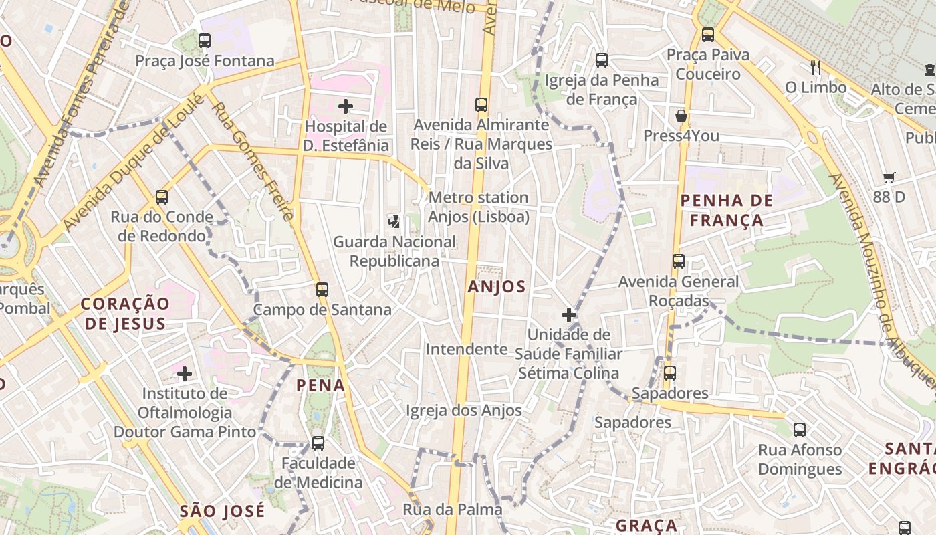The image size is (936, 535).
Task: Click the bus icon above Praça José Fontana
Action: pyautogui.click(x=205, y=41)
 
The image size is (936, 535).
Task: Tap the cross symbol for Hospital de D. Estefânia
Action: pyautogui.click(x=346, y=106)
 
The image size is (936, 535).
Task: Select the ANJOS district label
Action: pyautogui.click(x=497, y=287)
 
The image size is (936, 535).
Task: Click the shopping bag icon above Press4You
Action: pyautogui.click(x=681, y=116)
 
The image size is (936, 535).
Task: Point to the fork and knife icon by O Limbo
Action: pyautogui.click(x=815, y=67)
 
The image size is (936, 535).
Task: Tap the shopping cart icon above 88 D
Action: pyautogui.click(x=889, y=177)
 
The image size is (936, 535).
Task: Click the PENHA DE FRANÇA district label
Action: pyautogui.click(x=726, y=210)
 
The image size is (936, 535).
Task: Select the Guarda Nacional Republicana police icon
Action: pyautogui.click(x=394, y=222)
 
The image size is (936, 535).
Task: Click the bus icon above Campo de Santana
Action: pyautogui.click(x=322, y=290)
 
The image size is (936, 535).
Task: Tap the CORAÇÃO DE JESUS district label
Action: pyautogui.click(x=125, y=314)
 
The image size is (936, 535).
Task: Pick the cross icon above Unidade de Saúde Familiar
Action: pyautogui.click(x=569, y=314)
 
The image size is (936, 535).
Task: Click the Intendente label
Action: pyautogui.click(x=467, y=349)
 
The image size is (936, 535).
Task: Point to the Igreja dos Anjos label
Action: pyautogui.click(x=464, y=410)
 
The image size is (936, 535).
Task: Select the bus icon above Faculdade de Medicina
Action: pyautogui.click(x=318, y=443)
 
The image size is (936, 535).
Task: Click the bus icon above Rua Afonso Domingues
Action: pyautogui.click(x=800, y=430)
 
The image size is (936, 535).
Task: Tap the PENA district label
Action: pyautogui.click(x=321, y=385)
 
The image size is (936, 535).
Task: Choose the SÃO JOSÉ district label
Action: pyautogui.click(x=222, y=512)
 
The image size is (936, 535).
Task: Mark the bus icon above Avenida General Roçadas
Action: pyautogui.click(x=679, y=261)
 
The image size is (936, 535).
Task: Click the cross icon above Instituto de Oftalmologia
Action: pyautogui.click(x=185, y=373)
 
